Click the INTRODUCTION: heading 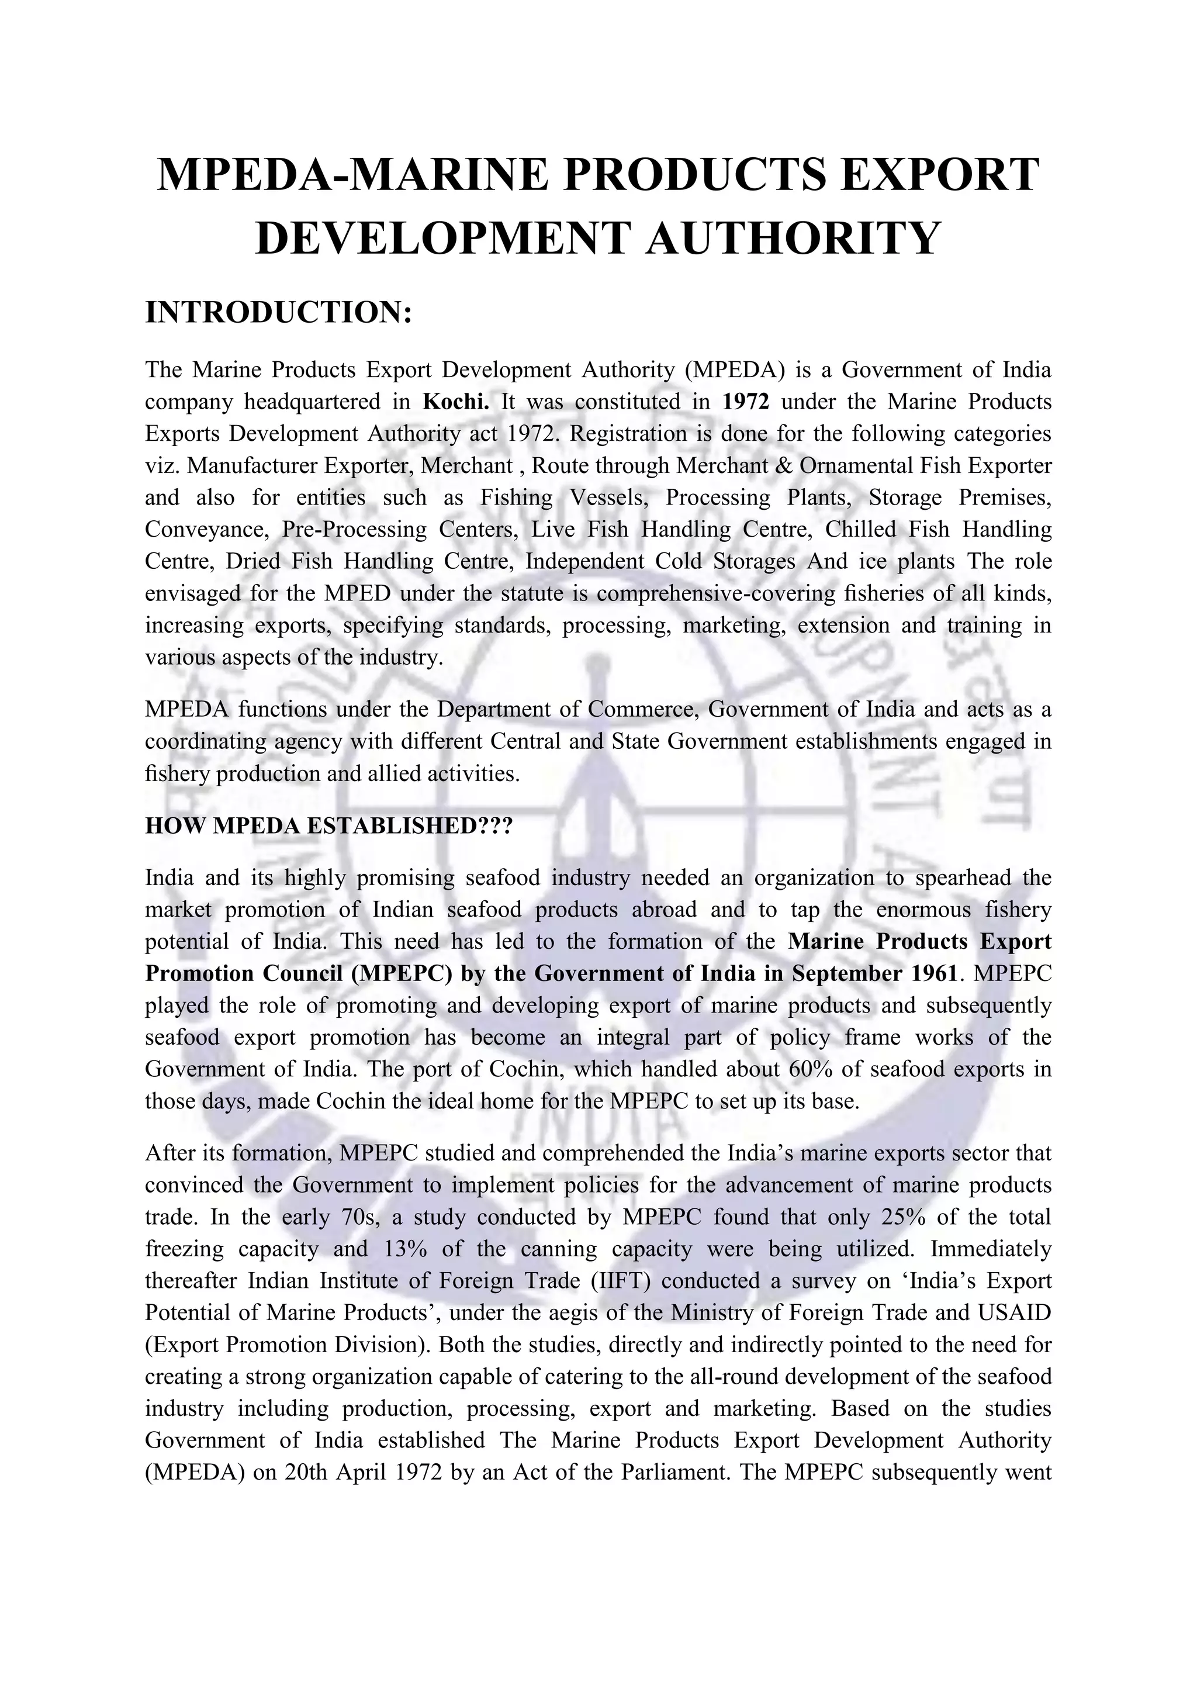278,313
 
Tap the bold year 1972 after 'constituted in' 746,402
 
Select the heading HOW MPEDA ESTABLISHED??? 328,826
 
